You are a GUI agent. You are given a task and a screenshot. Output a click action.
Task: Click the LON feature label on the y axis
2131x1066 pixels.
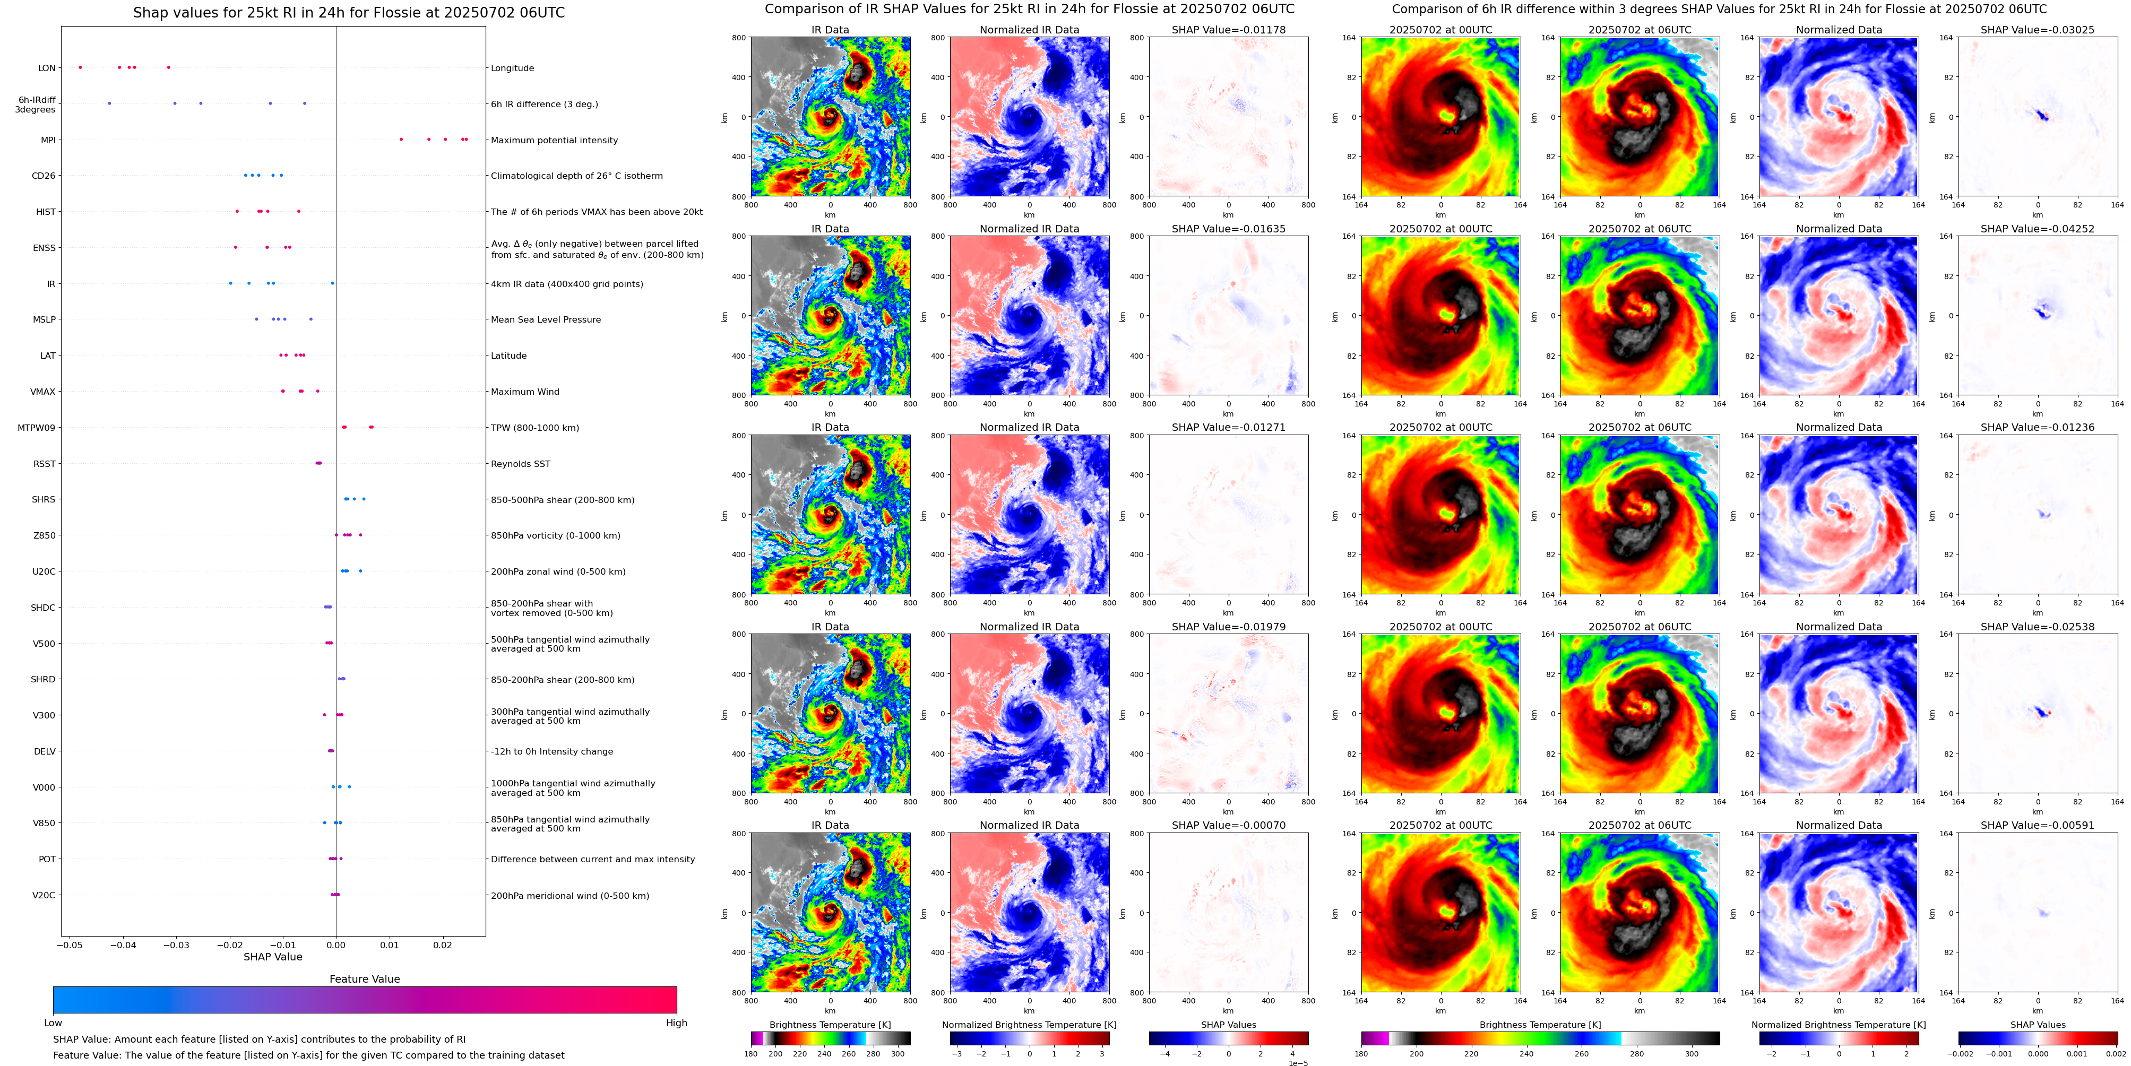pos(47,68)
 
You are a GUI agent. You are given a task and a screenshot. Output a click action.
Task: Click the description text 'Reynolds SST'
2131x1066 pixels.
pos(520,464)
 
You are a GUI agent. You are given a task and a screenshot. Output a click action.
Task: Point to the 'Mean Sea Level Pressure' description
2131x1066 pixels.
pos(546,320)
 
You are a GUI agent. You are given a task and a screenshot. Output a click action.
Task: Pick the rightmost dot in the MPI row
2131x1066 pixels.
pos(467,140)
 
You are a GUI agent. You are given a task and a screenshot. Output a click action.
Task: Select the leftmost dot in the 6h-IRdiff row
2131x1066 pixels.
pos(109,103)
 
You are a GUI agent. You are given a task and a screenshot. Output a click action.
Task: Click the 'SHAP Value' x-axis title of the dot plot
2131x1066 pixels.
pos(273,957)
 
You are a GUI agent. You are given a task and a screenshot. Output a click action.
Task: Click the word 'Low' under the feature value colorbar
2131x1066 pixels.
pos(53,1023)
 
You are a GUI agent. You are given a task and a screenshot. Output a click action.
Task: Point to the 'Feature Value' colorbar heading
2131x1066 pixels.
pos(364,979)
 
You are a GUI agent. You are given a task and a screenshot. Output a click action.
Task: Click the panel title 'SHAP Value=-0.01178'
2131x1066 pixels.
pos(1229,30)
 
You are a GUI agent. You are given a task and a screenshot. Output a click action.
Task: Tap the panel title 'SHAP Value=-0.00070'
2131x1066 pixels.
pos(1229,825)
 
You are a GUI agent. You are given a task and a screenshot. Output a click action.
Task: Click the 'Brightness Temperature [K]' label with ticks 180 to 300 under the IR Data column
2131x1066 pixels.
pos(830,1025)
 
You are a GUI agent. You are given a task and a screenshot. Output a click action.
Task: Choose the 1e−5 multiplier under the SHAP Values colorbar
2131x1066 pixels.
pos(1298,1063)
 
